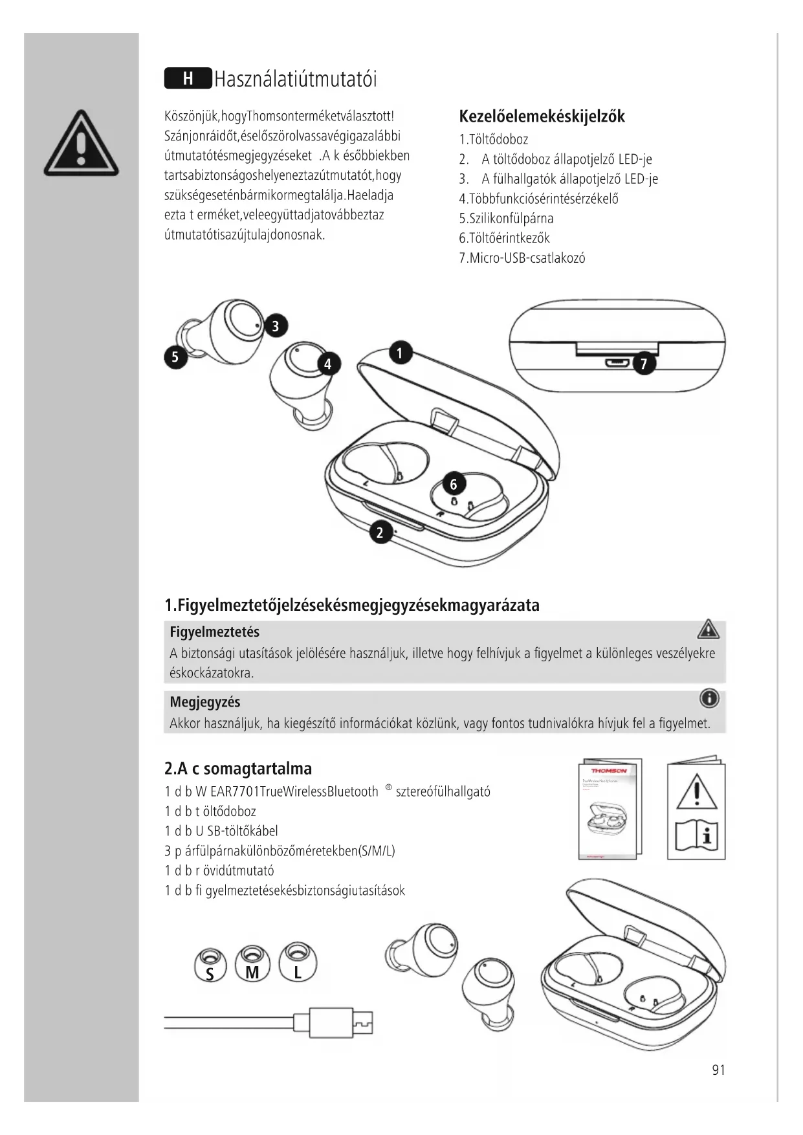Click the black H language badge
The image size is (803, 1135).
pyautogui.click(x=188, y=79)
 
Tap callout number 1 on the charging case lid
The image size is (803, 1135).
pyautogui.click(x=400, y=353)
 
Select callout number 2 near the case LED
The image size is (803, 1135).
pyautogui.click(x=380, y=533)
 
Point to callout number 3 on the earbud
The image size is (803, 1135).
pyautogui.click(x=276, y=325)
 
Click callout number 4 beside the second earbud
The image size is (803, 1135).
pyautogui.click(x=328, y=364)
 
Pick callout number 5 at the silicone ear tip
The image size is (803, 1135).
pyautogui.click(x=175, y=357)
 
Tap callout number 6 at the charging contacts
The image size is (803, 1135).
pyautogui.click(x=454, y=484)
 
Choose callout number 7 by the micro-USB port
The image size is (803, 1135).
pyautogui.click(x=643, y=364)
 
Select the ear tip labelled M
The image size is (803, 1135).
pyautogui.click(x=252, y=964)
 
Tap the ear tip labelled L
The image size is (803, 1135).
pyautogui.click(x=298, y=963)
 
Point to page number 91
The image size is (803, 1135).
pyautogui.click(x=718, y=1070)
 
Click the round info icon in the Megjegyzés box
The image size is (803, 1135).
pyautogui.click(x=709, y=699)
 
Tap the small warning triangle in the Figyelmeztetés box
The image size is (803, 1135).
pyautogui.click(x=709, y=629)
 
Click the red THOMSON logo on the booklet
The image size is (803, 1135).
pyautogui.click(x=609, y=771)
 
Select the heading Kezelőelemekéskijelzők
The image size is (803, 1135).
pyautogui.click(x=542, y=116)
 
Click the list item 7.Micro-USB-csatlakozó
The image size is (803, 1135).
pyautogui.click(x=522, y=258)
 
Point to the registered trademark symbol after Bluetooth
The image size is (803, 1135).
pyautogui.click(x=388, y=788)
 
